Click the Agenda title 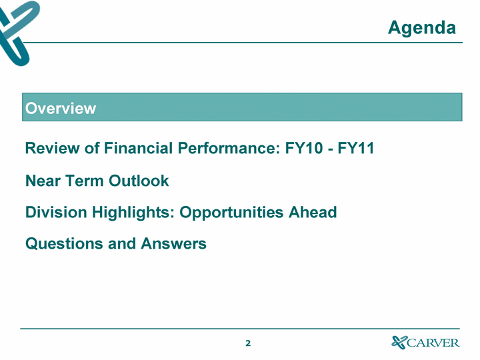click(422, 28)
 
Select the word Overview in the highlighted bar click(61, 109)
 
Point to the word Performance click(229, 148)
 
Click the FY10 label click(304, 148)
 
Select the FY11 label click(356, 148)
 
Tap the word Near click(43, 181)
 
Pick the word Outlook click(139, 181)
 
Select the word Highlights click(133, 213)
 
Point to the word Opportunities click(231, 213)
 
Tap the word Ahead click(313, 212)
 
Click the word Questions click(64, 244)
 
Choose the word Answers click(173, 244)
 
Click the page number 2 click(248, 343)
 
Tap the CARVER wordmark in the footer click(433, 343)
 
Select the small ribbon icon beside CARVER click(399, 342)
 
